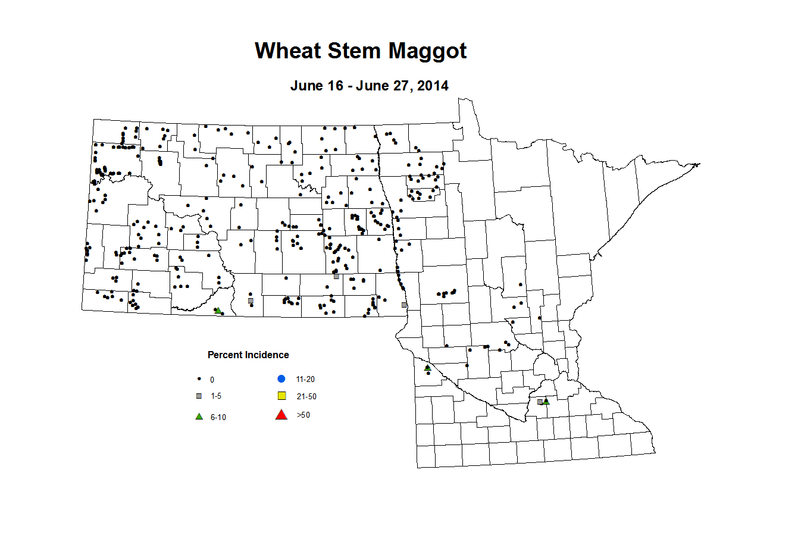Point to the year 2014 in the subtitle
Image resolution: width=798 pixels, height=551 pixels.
pos(433,86)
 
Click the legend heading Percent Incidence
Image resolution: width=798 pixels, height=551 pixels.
pos(248,355)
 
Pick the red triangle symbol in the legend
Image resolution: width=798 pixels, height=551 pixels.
pos(281,415)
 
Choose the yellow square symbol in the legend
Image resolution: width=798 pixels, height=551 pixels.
pos(282,396)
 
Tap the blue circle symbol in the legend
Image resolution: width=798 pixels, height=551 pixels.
pos(281,379)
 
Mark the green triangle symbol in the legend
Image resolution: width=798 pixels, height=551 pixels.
pos(199,417)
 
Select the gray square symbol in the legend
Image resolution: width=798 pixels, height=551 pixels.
pos(199,396)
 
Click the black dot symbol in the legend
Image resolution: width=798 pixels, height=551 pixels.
pos(199,379)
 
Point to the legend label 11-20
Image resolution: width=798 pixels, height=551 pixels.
pos(305,380)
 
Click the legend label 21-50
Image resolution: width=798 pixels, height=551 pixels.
pos(306,397)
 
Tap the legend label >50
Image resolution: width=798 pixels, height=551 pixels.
pos(303,415)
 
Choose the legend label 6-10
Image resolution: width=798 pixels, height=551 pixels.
pos(218,418)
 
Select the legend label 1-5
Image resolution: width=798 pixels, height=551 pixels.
pos(216,396)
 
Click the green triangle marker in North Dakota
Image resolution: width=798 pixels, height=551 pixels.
pos(218,310)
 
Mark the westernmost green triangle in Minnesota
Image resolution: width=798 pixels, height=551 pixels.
pos(427,368)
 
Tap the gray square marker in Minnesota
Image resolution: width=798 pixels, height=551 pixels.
pos(540,402)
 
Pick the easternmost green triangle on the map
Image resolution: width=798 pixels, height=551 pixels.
pos(546,402)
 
